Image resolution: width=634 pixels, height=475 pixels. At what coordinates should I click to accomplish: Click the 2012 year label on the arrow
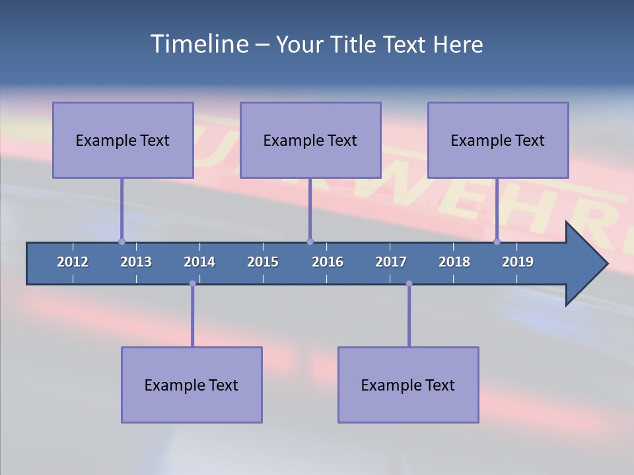tap(73, 262)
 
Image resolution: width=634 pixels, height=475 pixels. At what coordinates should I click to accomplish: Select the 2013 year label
tap(136, 262)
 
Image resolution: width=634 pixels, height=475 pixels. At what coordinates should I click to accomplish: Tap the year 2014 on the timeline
tap(199, 262)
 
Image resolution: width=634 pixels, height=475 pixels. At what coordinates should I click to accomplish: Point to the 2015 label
tap(263, 262)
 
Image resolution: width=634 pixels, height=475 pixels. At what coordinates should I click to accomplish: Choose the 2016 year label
tap(328, 262)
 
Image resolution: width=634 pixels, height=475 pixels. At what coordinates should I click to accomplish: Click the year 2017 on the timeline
tap(391, 262)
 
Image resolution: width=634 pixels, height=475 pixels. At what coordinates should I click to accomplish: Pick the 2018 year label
tap(454, 262)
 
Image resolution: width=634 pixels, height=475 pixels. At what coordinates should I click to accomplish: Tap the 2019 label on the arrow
tap(518, 262)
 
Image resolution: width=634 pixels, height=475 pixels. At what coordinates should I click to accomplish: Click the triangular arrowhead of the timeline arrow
tap(584, 264)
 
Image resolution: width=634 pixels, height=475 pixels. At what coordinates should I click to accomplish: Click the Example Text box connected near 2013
tap(123, 140)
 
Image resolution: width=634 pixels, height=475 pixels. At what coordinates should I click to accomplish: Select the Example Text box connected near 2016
tap(310, 140)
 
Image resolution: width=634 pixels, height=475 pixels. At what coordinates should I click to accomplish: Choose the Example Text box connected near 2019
tap(498, 140)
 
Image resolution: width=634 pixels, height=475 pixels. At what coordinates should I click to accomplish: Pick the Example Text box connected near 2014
tap(192, 385)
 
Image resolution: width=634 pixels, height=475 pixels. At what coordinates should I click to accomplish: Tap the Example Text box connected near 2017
tap(408, 385)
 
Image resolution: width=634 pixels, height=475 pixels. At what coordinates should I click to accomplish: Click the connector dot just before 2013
tap(122, 242)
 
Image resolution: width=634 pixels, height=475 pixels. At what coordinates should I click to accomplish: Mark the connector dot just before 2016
tap(310, 242)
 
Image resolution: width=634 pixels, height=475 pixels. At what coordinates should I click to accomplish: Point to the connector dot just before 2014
tap(192, 284)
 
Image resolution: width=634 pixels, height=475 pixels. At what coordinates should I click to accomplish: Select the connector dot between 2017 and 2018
tap(409, 284)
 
